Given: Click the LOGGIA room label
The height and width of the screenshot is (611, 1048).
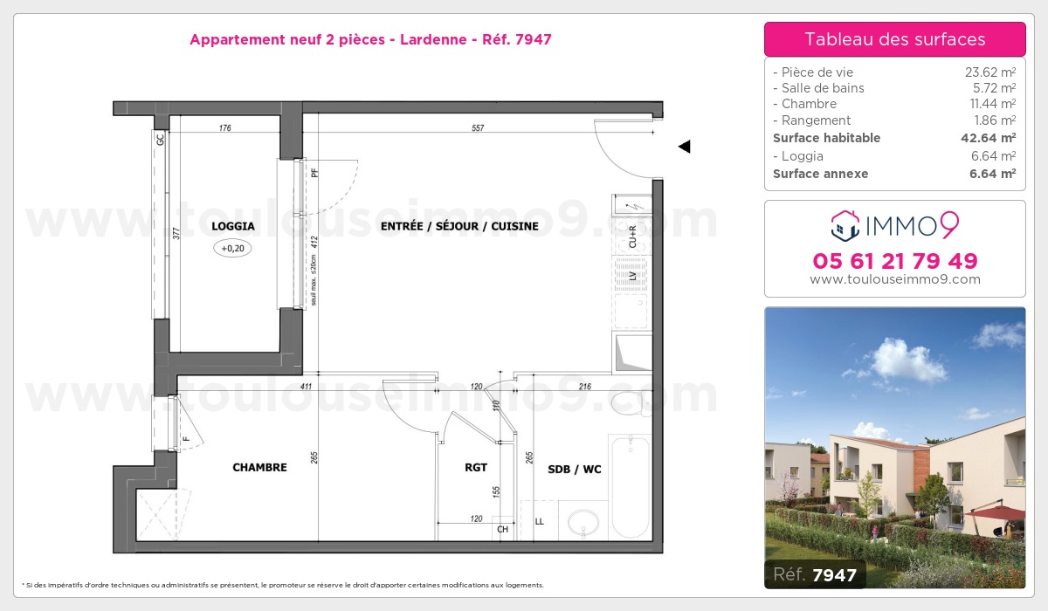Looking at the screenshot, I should [x=232, y=226].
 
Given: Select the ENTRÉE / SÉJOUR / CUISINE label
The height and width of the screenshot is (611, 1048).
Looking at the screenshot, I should [x=459, y=226].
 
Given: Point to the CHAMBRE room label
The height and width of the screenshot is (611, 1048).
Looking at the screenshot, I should [x=259, y=468].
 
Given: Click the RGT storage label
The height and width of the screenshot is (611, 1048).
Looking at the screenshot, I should [x=475, y=468].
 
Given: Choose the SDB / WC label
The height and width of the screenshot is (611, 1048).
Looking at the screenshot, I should [x=574, y=470].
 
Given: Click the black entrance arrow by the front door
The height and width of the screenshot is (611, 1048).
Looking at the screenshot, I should [x=685, y=147].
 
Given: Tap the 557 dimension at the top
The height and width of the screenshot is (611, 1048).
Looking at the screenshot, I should [x=477, y=128].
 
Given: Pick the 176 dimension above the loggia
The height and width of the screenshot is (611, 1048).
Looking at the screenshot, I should [x=224, y=128].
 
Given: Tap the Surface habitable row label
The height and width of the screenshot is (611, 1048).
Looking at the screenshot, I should [x=826, y=138].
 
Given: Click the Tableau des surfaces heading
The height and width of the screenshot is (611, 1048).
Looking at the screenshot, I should [x=894, y=39].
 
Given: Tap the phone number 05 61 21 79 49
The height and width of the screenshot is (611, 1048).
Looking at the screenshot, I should [x=894, y=261].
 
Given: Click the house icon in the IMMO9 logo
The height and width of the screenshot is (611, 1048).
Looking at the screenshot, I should [x=845, y=226].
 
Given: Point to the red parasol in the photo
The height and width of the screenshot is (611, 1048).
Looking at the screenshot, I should [x=996, y=513].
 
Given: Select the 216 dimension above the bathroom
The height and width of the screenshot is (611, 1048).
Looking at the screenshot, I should [x=585, y=386].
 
